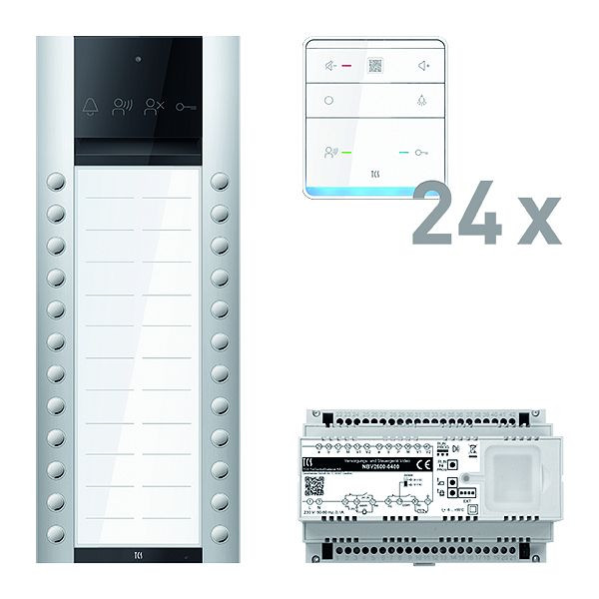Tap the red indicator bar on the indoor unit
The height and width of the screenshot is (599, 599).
click(347, 67)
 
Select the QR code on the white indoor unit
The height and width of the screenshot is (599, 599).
click(375, 66)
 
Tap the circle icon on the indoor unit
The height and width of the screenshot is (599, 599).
click(328, 101)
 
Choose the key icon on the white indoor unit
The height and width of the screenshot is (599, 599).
click(423, 153)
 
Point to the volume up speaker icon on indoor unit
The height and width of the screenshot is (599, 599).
click(423, 67)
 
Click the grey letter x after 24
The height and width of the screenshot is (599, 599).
click(537, 222)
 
